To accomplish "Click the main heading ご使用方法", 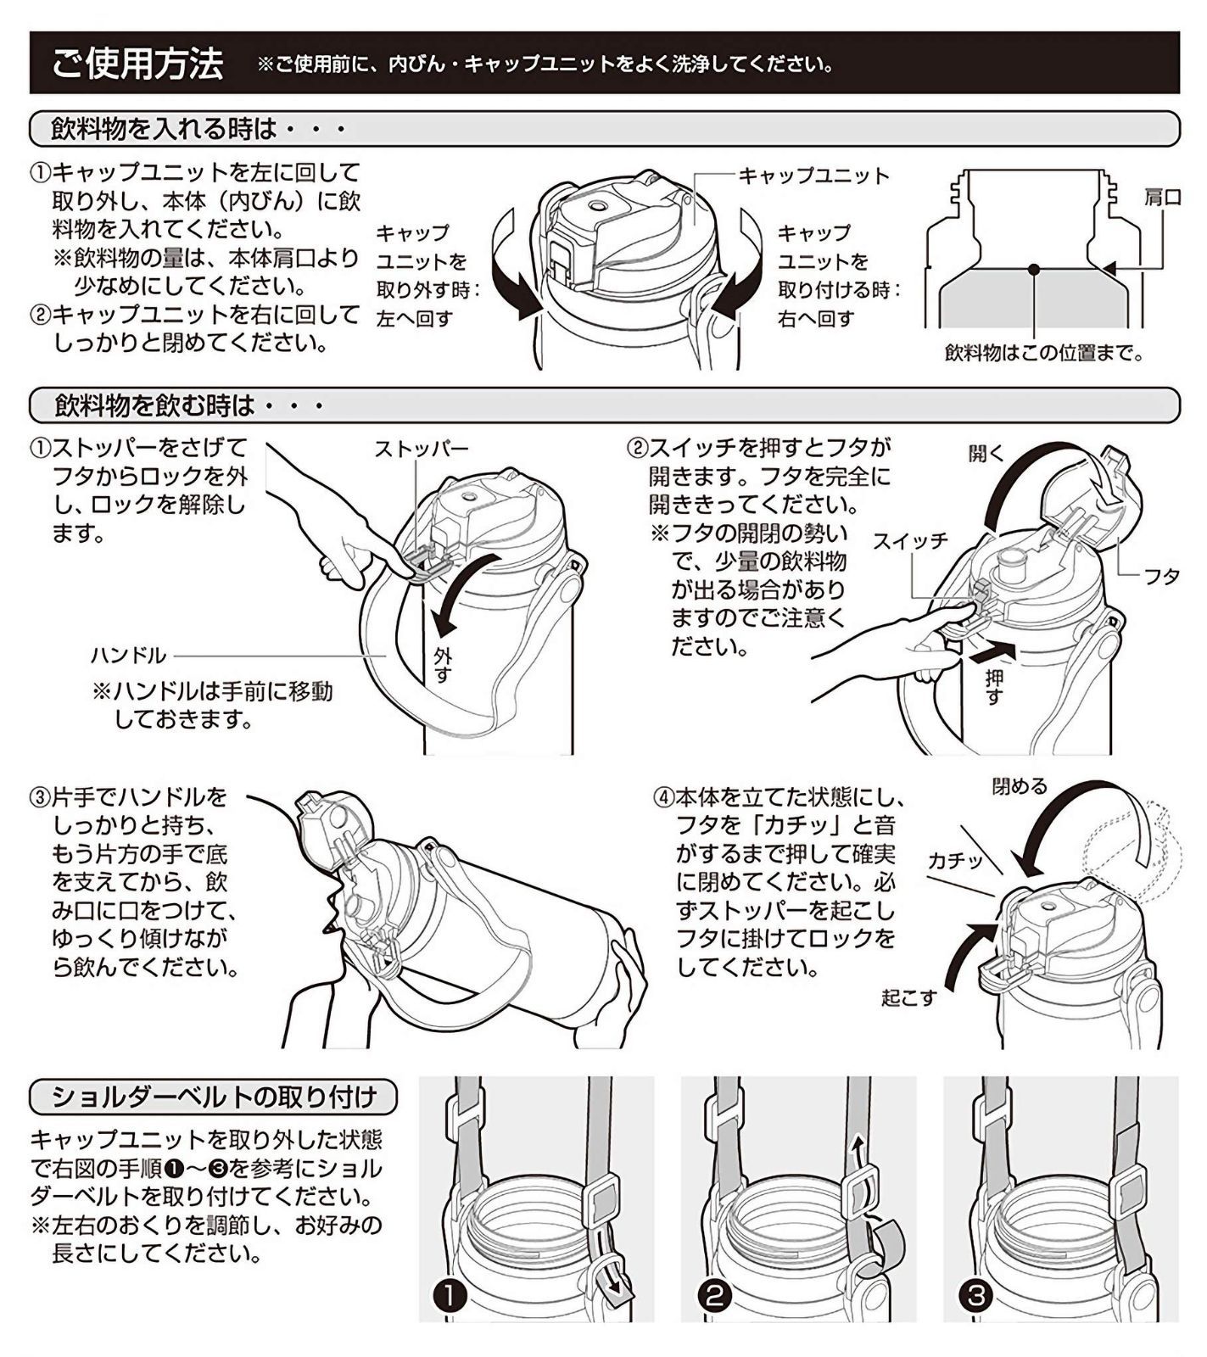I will pyautogui.click(x=137, y=64).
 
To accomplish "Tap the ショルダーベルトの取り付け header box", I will pyautogui.click(x=214, y=1097).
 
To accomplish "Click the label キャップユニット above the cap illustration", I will pyautogui.click(x=813, y=176).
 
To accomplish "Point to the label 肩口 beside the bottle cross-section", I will pyautogui.click(x=1162, y=198).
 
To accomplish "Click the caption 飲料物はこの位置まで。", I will pyautogui.click(x=1043, y=353).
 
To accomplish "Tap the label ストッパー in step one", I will pyautogui.click(x=422, y=450).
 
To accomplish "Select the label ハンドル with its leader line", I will pyautogui.click(x=128, y=656).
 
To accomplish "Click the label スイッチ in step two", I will pyautogui.click(x=909, y=541).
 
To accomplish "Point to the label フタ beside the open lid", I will pyautogui.click(x=1161, y=577).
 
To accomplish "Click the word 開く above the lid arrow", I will pyautogui.click(x=986, y=454).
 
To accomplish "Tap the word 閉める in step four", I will pyautogui.click(x=1020, y=786).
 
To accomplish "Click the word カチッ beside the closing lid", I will pyautogui.click(x=955, y=861).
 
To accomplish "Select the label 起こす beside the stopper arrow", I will pyautogui.click(x=908, y=998).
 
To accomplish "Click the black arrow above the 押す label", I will pyautogui.click(x=991, y=652).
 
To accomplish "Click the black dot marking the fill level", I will pyautogui.click(x=1034, y=269).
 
